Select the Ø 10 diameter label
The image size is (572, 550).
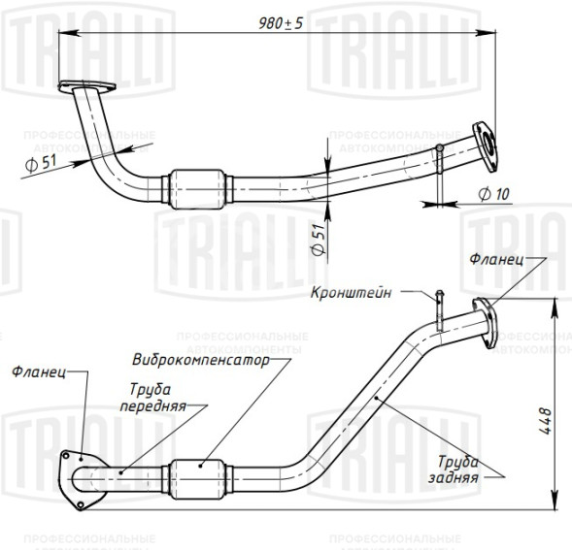click(493, 194)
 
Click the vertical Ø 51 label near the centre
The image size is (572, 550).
click(318, 239)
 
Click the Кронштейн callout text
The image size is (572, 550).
click(352, 292)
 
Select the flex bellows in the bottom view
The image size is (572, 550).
click(201, 474)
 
